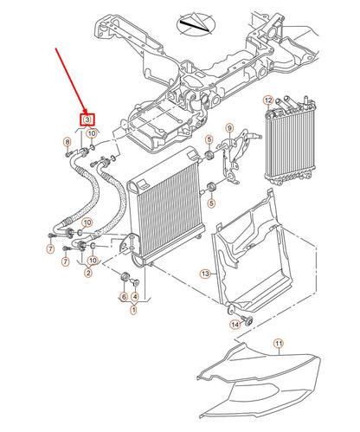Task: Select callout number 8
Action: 67,141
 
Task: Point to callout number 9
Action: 229,128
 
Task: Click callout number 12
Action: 267,100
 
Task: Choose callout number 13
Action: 204,274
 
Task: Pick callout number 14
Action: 233,325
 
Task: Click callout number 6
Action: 123,296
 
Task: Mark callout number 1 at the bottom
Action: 132,310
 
